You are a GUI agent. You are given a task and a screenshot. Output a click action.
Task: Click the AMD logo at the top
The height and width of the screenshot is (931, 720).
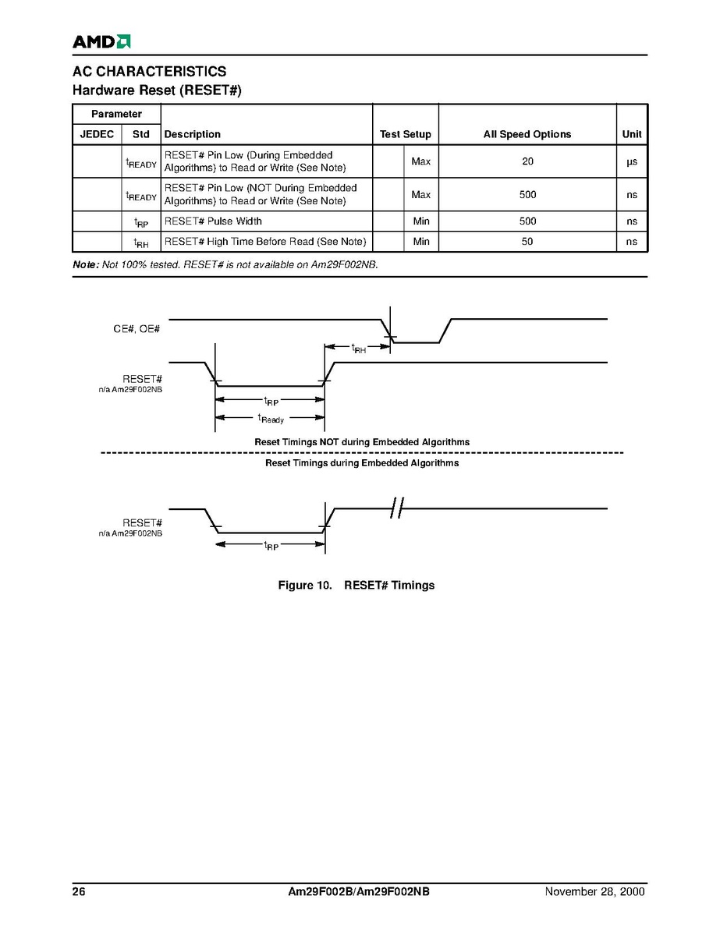pyautogui.click(x=101, y=41)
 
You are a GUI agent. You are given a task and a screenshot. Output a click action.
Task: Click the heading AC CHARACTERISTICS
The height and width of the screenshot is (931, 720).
pyautogui.click(x=149, y=72)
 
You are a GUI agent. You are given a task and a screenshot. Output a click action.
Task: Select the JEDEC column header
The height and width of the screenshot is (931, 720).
pyautogui.click(x=97, y=134)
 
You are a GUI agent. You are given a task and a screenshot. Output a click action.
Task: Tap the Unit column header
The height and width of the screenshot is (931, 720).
pyautogui.click(x=632, y=134)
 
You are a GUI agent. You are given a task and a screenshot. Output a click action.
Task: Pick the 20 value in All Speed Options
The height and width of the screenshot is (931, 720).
pyautogui.click(x=527, y=161)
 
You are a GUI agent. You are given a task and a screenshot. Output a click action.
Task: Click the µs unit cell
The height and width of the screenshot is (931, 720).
pyautogui.click(x=632, y=161)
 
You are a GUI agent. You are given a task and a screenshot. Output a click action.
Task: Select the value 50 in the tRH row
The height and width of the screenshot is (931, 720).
pyautogui.click(x=527, y=242)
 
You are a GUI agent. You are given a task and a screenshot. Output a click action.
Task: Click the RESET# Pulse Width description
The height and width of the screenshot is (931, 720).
pyautogui.click(x=213, y=221)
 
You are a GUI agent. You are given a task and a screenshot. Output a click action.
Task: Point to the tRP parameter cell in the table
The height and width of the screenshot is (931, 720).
pyautogui.click(x=141, y=222)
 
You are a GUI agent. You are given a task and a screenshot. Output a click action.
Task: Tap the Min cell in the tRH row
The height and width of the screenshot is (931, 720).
pyautogui.click(x=420, y=242)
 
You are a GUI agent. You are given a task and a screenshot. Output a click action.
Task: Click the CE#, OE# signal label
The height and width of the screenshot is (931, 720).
pyautogui.click(x=137, y=330)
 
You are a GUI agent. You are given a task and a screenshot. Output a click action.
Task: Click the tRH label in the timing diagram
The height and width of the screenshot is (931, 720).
pyautogui.click(x=359, y=349)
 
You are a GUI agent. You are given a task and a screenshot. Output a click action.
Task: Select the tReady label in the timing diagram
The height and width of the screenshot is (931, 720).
pyautogui.click(x=271, y=419)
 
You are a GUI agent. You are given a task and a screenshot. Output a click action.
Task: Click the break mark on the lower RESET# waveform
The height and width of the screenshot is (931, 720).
pyautogui.click(x=396, y=509)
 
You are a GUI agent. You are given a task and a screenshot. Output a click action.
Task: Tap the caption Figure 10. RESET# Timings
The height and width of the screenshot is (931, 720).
pyautogui.click(x=356, y=585)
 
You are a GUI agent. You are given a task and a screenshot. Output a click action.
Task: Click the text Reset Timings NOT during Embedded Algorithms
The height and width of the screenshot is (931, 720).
pyautogui.click(x=362, y=442)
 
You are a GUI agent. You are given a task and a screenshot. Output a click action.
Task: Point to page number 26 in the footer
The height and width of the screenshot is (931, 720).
pyautogui.click(x=79, y=892)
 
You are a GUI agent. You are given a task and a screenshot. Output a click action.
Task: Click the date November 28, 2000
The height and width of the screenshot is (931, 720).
pyautogui.click(x=595, y=892)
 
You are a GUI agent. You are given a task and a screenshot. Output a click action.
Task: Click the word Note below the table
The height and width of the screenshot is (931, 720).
pyautogui.click(x=84, y=265)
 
